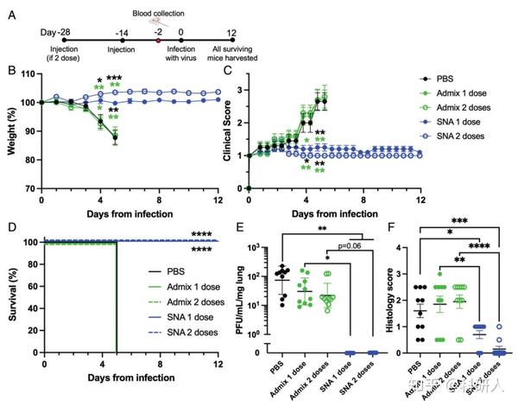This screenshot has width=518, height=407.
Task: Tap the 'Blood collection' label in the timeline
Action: tap(157, 13)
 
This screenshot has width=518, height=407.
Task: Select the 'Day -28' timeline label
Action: tap(55, 31)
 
